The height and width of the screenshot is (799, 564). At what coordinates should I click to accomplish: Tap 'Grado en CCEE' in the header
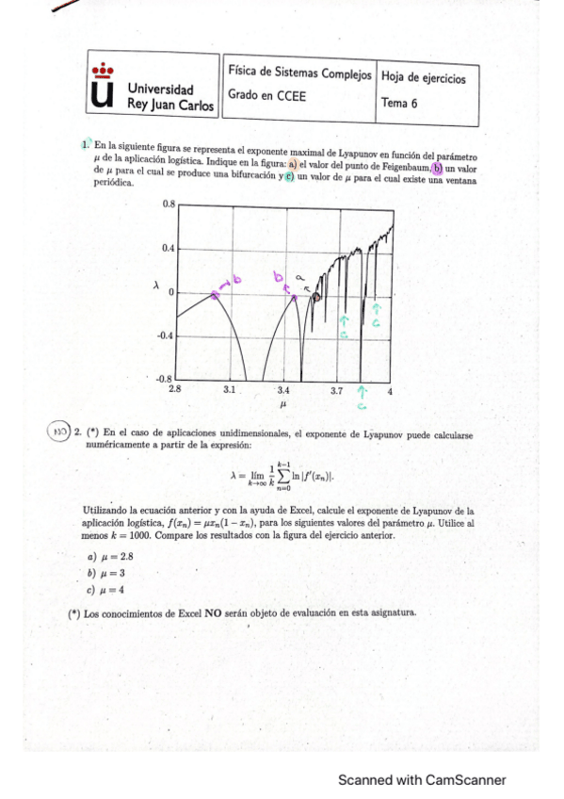click(x=260, y=95)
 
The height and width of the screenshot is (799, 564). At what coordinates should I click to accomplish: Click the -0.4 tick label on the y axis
click(x=167, y=335)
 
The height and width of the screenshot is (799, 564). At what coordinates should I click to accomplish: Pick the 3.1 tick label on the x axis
click(x=230, y=388)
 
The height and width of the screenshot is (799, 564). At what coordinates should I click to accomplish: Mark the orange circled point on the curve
click(x=316, y=297)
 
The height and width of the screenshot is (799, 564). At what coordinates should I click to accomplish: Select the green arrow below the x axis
click(x=362, y=398)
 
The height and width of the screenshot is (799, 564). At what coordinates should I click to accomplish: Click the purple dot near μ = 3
click(x=215, y=295)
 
